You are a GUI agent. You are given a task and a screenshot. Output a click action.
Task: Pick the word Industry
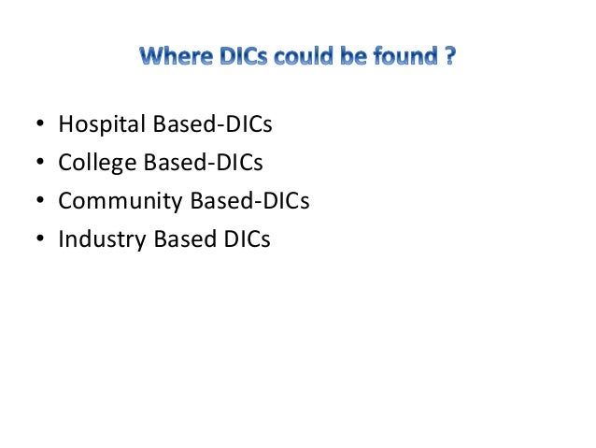[x=96, y=239]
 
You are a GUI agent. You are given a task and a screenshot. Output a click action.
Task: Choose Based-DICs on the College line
[x=196, y=163]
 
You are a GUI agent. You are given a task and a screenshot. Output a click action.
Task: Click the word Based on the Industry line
[x=172, y=239]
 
